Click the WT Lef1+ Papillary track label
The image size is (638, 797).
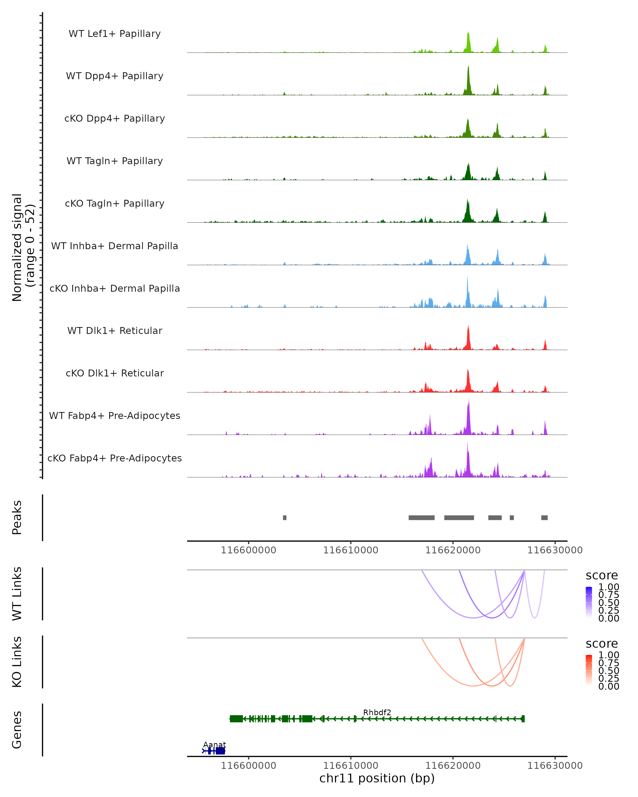point(115,34)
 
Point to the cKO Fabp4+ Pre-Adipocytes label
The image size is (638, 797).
point(115,458)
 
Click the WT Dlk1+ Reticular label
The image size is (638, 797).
point(115,330)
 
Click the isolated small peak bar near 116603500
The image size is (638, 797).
point(284,518)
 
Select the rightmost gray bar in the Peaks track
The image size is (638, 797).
point(544,518)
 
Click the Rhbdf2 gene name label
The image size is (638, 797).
point(377,712)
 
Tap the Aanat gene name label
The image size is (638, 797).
point(215,744)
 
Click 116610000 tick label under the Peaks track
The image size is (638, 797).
point(351,550)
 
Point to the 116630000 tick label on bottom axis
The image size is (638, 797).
point(555,766)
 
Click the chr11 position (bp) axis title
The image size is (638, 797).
point(377,778)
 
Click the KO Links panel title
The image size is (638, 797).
point(17,662)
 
